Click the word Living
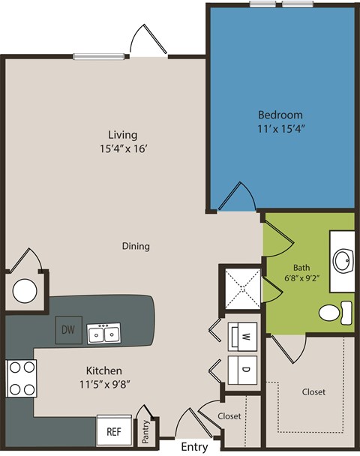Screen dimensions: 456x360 point(122,135)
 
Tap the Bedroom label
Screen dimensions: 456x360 point(280,115)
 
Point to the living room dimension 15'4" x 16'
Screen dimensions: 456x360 point(122,148)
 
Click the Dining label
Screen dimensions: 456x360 point(136,246)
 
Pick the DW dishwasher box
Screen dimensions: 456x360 point(67,329)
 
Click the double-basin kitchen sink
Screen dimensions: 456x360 point(103,333)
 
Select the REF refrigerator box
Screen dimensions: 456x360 point(113,431)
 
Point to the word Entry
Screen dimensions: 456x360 point(193,447)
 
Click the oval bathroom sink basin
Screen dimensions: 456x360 point(343,262)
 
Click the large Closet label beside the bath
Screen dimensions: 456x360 point(313,392)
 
